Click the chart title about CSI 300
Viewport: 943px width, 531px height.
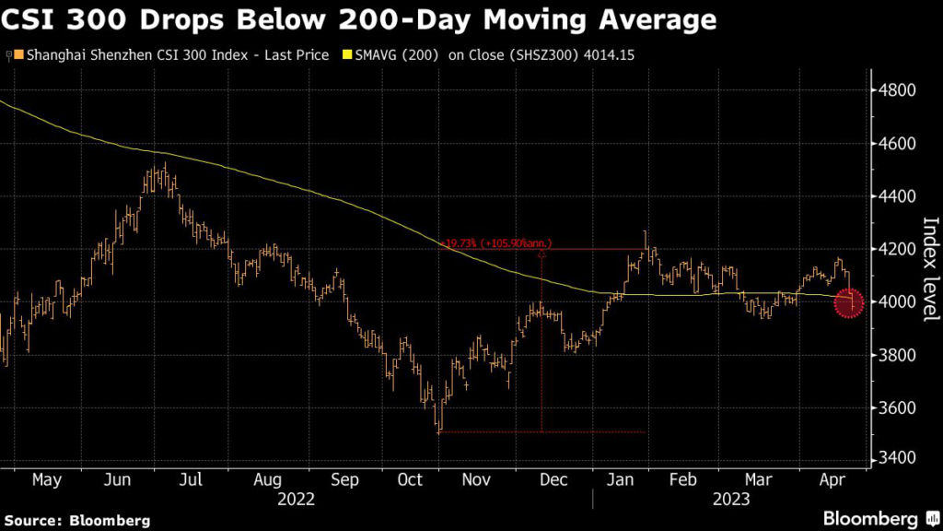(360, 19)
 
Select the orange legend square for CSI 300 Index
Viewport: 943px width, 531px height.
(19, 56)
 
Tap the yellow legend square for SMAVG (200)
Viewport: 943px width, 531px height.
(346, 56)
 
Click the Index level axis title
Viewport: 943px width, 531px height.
(929, 269)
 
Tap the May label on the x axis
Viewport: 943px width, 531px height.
(47, 480)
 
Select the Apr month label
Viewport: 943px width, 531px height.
(832, 480)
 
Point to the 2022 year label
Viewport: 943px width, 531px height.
(297, 499)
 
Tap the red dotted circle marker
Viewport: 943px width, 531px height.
(849, 302)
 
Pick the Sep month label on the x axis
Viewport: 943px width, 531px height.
(343, 480)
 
